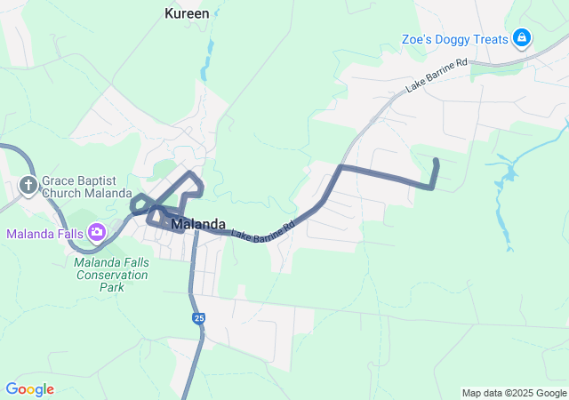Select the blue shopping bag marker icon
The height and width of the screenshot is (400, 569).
(x=523, y=38)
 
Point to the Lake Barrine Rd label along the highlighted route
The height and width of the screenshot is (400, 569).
(x=262, y=231)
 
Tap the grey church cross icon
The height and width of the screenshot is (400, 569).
(x=28, y=186)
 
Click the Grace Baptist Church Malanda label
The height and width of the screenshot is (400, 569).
(x=85, y=186)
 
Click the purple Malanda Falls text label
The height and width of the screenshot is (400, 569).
(x=45, y=234)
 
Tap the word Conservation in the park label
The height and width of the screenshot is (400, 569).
(x=112, y=275)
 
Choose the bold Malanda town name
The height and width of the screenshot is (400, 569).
(x=198, y=224)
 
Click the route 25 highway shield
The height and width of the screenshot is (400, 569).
(x=198, y=317)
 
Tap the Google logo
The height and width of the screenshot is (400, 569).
(x=29, y=389)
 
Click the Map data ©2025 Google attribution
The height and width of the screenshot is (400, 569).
(x=514, y=393)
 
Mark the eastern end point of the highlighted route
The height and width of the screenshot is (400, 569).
(x=436, y=161)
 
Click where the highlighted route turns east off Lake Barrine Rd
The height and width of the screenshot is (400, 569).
(x=341, y=167)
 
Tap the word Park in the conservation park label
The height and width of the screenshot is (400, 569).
(x=112, y=287)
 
